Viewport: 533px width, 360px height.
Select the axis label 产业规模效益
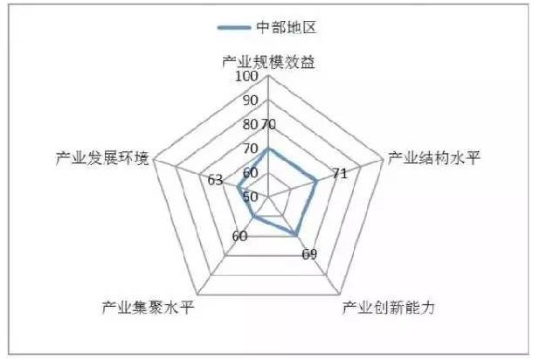point(266,62)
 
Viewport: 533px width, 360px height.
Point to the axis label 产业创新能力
point(388,308)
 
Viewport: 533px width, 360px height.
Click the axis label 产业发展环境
point(102,157)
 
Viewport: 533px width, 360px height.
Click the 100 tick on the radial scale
point(247,77)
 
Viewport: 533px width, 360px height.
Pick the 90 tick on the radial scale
point(249,100)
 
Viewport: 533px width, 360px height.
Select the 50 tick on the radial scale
point(250,196)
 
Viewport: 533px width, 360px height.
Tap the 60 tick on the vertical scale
point(250,172)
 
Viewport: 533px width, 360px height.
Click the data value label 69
point(309,255)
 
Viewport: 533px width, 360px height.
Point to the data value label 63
point(215,180)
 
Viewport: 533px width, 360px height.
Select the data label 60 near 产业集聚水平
point(241,236)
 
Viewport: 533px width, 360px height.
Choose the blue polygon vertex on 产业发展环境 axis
point(237,187)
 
